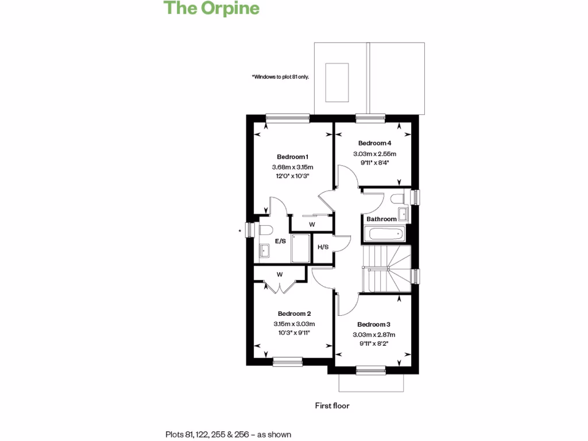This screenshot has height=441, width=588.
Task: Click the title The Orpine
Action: tap(211, 9)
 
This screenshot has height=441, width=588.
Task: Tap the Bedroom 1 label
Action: tap(293, 157)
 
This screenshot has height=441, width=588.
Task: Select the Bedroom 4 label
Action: tap(374, 143)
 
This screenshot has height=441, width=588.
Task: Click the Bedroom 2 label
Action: tap(294, 314)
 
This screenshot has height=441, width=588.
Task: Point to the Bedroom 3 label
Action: tap(374, 324)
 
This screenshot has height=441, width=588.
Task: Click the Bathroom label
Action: tap(381, 219)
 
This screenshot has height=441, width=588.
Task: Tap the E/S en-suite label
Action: tap(280, 242)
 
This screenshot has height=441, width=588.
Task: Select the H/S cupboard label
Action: tap(323, 247)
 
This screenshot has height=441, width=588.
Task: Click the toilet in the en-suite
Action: tap(265, 230)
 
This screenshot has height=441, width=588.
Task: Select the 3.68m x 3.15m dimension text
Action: tap(293, 167)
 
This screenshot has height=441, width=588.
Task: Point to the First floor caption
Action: tap(332, 405)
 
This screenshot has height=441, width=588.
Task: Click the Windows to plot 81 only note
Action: tap(280, 76)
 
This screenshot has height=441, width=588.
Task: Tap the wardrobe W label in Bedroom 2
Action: tap(280, 274)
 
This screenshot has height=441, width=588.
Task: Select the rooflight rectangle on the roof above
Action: tap(337, 82)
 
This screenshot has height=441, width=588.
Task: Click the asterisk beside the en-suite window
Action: tap(239, 231)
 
